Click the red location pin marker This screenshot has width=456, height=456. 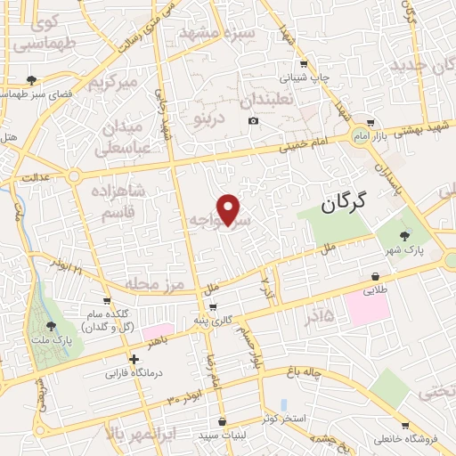(x=230, y=209)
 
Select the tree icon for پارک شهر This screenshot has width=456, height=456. (x=406, y=236)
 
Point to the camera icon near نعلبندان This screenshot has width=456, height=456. (x=253, y=121)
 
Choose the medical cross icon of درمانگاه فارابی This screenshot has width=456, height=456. (x=134, y=361)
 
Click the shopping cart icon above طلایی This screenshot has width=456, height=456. (x=367, y=275)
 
